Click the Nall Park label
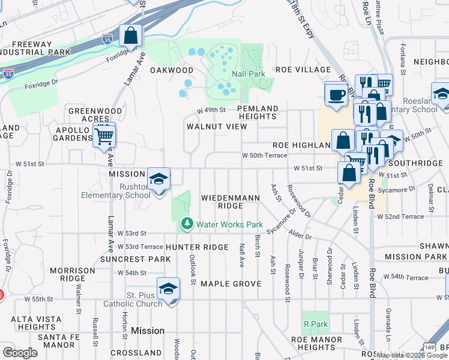249,74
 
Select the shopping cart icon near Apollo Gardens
104,136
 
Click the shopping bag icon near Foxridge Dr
130,36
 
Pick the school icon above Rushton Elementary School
158,179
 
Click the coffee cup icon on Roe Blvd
336,94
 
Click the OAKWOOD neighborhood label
171,70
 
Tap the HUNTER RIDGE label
197,247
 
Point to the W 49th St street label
211,110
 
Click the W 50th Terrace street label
264,155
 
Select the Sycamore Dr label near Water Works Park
282,221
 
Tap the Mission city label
147,331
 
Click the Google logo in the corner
20,353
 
